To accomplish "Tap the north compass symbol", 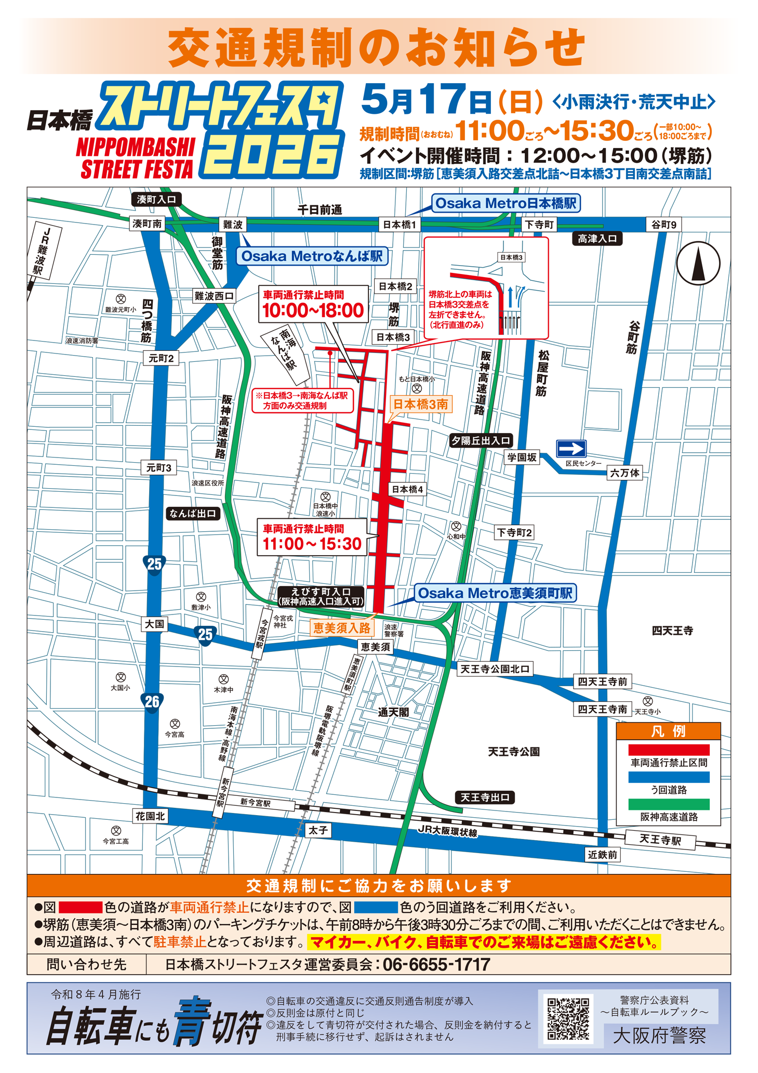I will (x=698, y=263).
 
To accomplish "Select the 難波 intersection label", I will (x=233, y=225).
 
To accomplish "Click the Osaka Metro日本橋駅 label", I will (x=506, y=203).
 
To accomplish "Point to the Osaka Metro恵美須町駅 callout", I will (x=495, y=593).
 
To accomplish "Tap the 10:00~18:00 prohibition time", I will (x=313, y=310).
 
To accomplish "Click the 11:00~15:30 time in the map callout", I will (x=312, y=544).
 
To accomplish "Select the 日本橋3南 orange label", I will (x=420, y=404).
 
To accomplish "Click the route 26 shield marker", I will (x=152, y=702).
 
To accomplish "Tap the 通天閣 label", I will (x=393, y=712).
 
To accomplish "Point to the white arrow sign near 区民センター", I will (x=571, y=448).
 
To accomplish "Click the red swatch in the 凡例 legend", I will (x=669, y=750).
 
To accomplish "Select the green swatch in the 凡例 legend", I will (x=669, y=804).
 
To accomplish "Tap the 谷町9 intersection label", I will (x=664, y=225).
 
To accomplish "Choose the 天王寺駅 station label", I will (x=660, y=840).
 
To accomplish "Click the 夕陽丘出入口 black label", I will (x=481, y=441).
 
